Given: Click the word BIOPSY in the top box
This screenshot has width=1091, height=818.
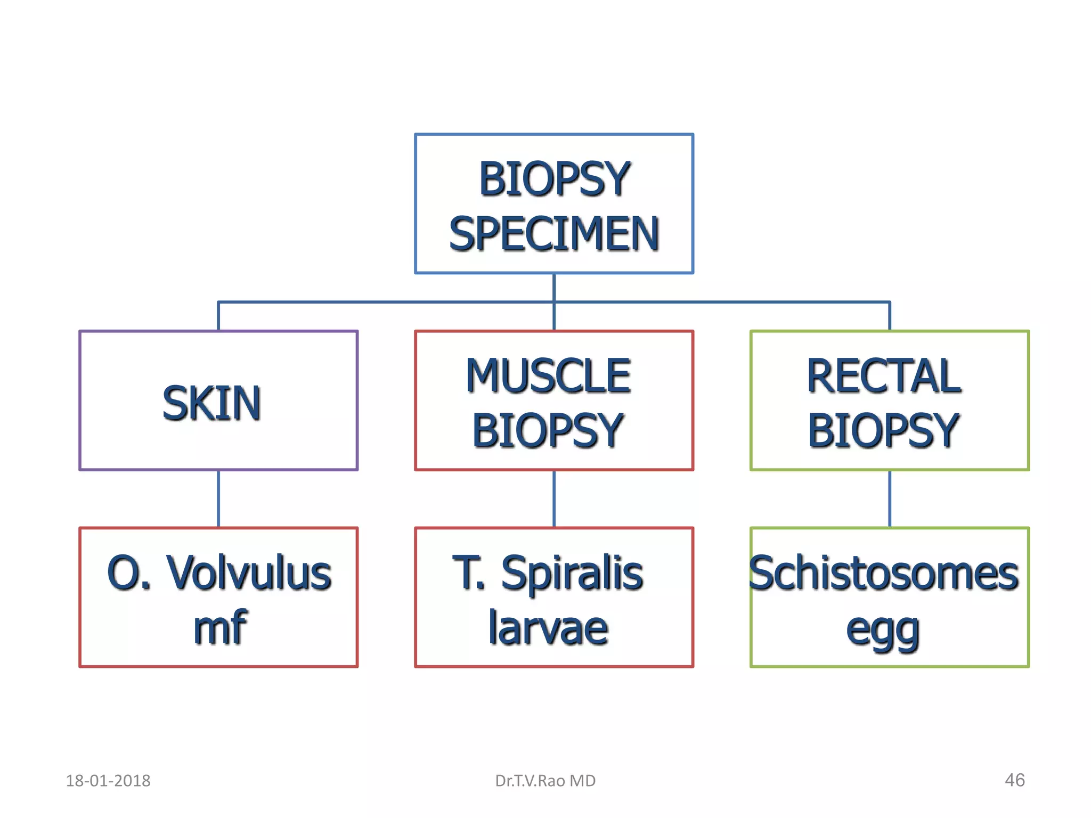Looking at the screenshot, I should click(x=554, y=179).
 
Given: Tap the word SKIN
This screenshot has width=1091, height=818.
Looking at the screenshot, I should click(x=212, y=403).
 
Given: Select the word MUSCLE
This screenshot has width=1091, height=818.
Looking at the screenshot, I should click(x=548, y=376).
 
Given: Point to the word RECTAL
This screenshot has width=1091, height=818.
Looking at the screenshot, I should click(x=884, y=376).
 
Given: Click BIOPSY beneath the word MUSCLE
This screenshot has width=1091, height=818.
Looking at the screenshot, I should click(x=548, y=430).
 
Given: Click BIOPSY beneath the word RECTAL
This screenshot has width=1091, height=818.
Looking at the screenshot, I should click(x=883, y=430).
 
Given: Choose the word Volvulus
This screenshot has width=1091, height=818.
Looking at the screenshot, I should click(x=249, y=574).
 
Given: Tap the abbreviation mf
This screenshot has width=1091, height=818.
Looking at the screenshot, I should click(x=220, y=628).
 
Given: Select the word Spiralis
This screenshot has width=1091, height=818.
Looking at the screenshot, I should click(x=572, y=574).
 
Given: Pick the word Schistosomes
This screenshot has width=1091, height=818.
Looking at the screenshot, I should click(x=884, y=574).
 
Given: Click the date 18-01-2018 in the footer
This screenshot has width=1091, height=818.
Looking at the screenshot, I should click(x=108, y=781).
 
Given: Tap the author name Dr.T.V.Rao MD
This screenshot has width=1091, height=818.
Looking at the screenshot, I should click(x=545, y=781).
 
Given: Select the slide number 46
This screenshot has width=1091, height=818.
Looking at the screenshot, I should click(x=1014, y=780).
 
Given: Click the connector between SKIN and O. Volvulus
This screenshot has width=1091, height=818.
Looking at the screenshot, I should click(x=218, y=499).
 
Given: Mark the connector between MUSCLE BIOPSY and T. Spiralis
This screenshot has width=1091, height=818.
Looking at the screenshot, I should click(x=554, y=499).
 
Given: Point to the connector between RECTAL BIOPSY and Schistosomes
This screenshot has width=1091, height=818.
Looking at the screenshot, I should click(x=890, y=499).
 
